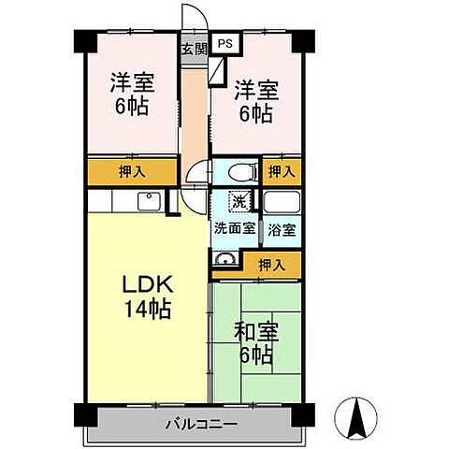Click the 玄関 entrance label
click(194, 49)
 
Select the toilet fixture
click(240, 171)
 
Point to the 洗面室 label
click(234, 227)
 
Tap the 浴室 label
click(280, 227)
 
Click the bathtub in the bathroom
click(280, 202)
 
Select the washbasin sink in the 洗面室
click(224, 260)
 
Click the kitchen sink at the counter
click(147, 201)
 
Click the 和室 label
click(255, 331)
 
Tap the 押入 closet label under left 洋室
click(132, 171)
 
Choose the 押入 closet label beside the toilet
click(281, 171)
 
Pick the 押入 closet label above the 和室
click(271, 266)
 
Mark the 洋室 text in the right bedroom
click(254, 91)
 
